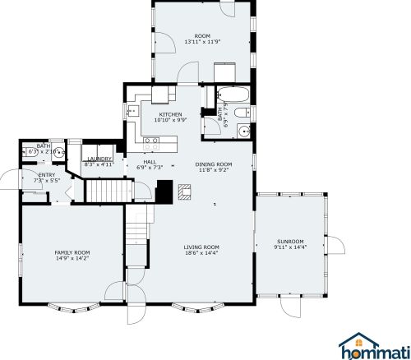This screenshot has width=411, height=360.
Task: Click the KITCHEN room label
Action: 170,114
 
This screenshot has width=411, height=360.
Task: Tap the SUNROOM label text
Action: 290,242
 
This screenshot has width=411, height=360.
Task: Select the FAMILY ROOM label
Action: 72,252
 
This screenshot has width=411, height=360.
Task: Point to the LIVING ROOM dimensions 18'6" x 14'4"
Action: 201,252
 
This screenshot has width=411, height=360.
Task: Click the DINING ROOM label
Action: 214,164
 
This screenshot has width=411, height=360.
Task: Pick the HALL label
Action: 150,162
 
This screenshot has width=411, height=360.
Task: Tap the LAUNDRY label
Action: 99,159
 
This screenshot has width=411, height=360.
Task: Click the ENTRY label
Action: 47,175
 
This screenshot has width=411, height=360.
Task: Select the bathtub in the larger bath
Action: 233,95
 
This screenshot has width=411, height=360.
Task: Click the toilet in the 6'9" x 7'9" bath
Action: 242,113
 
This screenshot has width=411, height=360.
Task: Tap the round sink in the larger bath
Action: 243,131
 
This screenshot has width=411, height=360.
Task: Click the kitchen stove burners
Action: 152,144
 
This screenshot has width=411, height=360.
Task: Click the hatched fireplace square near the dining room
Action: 184,192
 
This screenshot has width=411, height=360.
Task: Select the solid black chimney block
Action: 164,192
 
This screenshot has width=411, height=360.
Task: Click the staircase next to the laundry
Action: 109,191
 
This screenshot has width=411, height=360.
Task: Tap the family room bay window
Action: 74,308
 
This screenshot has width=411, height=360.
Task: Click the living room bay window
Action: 197,308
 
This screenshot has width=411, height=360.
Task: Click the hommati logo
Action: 374,346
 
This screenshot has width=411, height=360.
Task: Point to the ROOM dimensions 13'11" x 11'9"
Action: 202,42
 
